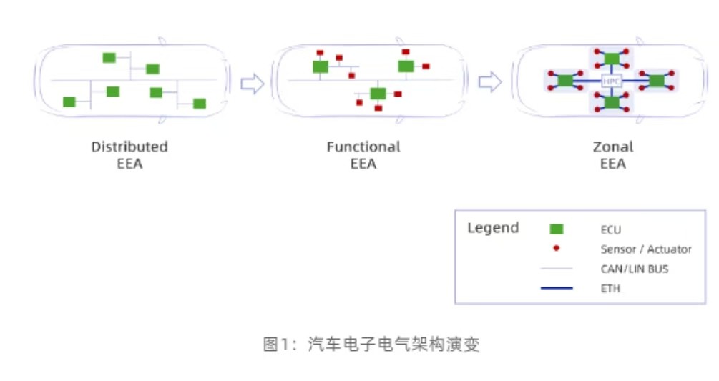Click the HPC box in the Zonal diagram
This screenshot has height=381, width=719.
pyautogui.click(x=612, y=81)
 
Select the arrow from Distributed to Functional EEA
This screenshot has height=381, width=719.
pyautogui.click(x=253, y=84)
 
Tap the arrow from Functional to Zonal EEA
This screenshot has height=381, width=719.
pyautogui.click(x=489, y=82)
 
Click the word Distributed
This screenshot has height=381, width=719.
pyautogui.click(x=129, y=147)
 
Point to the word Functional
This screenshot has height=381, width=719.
pyautogui.click(x=363, y=147)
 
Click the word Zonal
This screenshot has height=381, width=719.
pyautogui.click(x=613, y=147)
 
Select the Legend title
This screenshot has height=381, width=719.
pyautogui.click(x=493, y=228)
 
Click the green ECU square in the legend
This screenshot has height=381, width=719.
pyautogui.click(x=556, y=229)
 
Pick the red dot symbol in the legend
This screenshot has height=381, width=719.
pyautogui.click(x=556, y=248)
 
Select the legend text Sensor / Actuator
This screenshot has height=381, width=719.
pyautogui.click(x=646, y=249)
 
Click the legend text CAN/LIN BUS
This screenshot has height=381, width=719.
pyautogui.click(x=635, y=269)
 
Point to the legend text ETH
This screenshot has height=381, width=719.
pyautogui.click(x=610, y=289)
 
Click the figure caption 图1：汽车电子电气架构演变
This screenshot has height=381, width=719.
pyautogui.click(x=371, y=345)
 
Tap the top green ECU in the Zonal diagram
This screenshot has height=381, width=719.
pyautogui.click(x=612, y=59)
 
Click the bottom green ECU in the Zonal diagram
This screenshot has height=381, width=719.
pyautogui.click(x=612, y=103)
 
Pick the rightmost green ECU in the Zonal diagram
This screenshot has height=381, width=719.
pyautogui.click(x=657, y=81)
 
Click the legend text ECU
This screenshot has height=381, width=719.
pyautogui.click(x=611, y=229)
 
